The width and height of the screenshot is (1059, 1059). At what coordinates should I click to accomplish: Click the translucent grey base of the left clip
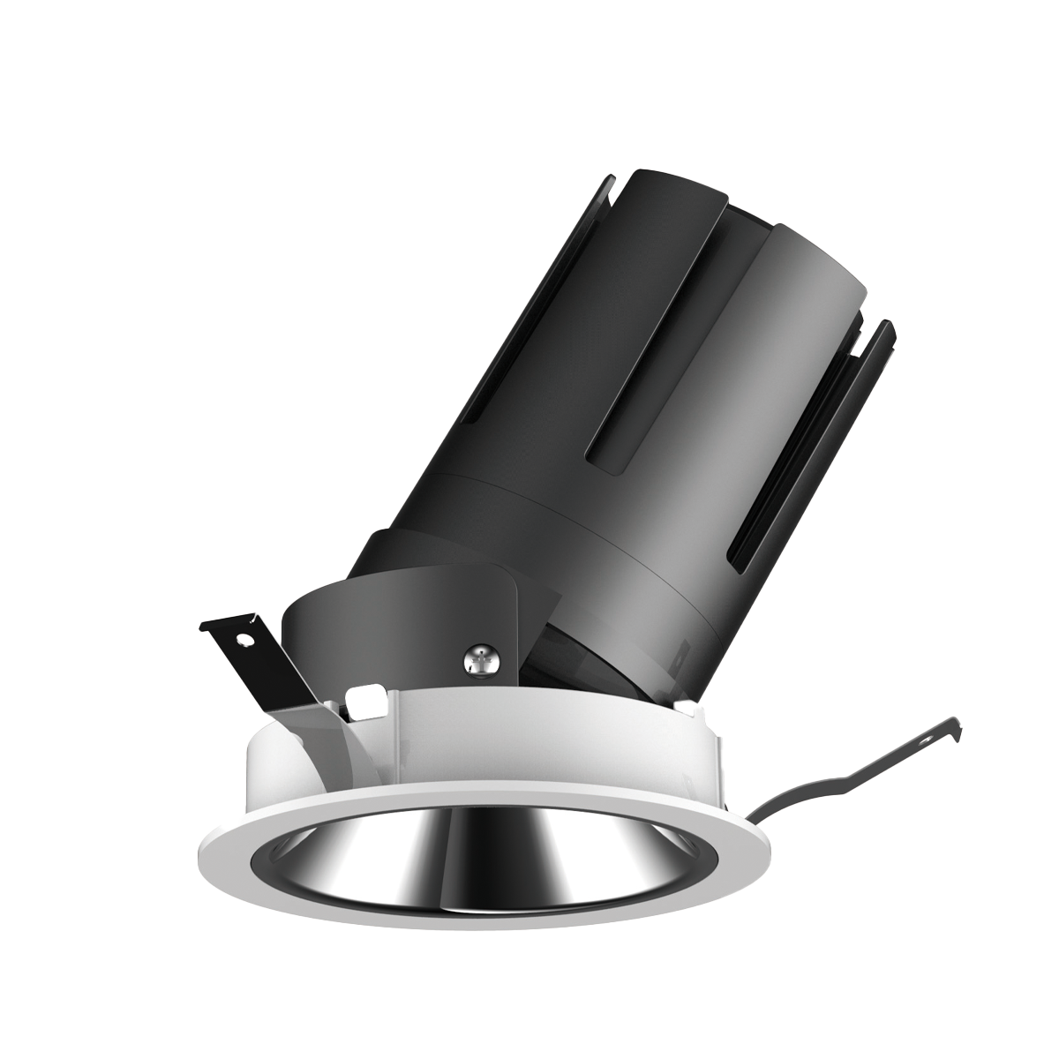pyautogui.click(x=309, y=732)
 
